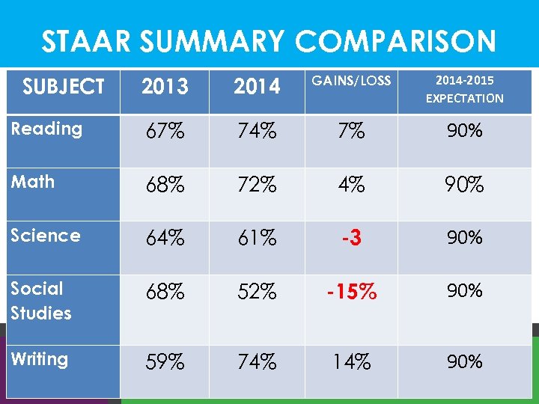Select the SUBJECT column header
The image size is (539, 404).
pos(63,87)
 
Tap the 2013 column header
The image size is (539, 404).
pos(165,87)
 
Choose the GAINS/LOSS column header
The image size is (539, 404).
pos(351,81)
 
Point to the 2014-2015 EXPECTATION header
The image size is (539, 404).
pos(464,89)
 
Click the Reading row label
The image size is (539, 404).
pos(46,129)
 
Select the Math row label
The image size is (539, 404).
pos(33,182)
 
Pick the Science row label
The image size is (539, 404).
pos(46,236)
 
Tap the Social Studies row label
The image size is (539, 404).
pos(41,301)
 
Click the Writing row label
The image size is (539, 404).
pos(39,359)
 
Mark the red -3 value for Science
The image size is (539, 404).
pos(351,238)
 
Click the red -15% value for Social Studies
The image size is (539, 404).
pos(351,291)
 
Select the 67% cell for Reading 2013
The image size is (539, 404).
pos(165,132)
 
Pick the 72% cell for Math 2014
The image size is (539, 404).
pos(257,185)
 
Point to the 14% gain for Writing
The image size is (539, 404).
pos(351,362)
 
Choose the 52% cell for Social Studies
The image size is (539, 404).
pos(257,291)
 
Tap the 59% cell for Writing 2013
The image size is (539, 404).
pos(165,362)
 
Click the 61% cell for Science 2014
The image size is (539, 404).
pos(257,238)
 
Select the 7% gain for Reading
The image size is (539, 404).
pos(351,132)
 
